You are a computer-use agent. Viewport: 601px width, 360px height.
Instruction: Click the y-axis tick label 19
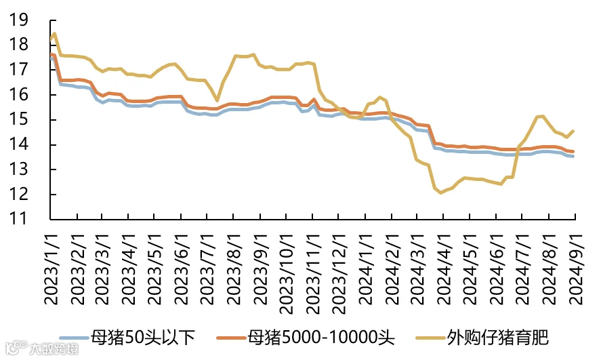click(19, 20)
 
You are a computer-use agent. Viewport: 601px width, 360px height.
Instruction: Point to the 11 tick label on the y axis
click(19, 218)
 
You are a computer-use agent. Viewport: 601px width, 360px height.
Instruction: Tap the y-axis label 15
click(19, 119)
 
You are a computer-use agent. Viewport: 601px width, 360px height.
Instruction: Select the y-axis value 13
click(19, 169)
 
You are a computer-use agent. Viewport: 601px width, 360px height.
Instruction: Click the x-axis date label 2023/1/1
click(51, 269)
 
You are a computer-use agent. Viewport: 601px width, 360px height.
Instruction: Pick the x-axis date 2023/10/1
click(287, 274)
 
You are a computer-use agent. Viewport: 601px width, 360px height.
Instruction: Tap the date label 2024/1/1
click(366, 269)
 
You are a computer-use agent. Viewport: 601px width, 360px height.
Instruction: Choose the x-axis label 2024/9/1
click(576, 269)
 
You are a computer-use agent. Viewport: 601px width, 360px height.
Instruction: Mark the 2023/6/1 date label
click(182, 269)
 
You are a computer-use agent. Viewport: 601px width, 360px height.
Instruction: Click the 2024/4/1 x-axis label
click(444, 269)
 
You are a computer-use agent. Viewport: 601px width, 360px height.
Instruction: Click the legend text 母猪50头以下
click(142, 338)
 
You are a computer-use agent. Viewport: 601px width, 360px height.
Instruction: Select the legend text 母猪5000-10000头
click(321, 338)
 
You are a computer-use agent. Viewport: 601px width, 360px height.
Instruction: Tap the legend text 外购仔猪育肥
click(497, 338)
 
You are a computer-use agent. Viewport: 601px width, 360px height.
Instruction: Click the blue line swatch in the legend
click(75, 338)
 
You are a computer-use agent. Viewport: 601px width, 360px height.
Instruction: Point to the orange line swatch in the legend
click(231, 338)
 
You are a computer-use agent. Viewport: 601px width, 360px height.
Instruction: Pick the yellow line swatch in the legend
click(431, 338)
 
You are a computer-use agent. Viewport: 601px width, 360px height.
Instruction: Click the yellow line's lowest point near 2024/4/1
click(440, 193)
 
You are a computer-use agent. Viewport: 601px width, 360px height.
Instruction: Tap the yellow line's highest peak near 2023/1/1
click(54, 33)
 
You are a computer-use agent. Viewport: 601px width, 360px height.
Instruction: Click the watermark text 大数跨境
click(54, 349)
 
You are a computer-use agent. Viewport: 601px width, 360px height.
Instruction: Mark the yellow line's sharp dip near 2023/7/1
click(217, 100)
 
